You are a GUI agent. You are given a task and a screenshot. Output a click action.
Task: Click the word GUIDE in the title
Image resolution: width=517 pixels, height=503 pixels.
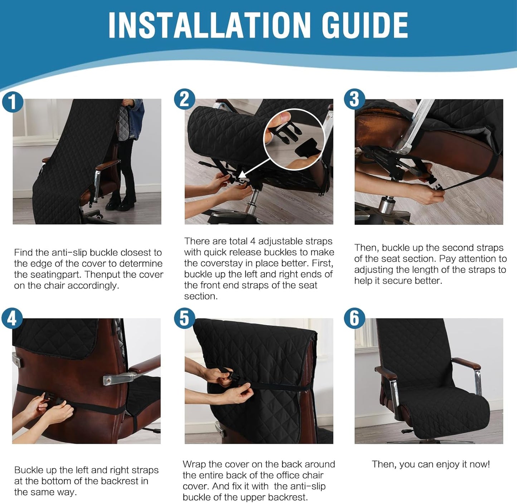point(365,25)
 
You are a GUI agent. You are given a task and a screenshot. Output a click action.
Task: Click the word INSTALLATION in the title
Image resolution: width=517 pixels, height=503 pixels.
point(209,25)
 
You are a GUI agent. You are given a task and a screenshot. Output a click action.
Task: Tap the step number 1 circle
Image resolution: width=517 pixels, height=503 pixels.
point(13,102)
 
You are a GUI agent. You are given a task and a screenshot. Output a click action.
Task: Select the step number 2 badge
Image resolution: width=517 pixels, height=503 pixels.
point(184,99)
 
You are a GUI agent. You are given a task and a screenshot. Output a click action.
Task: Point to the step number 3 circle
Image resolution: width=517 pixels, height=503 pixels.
point(355,99)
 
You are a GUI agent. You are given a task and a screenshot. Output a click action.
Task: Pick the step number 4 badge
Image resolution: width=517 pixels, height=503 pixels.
point(12,318)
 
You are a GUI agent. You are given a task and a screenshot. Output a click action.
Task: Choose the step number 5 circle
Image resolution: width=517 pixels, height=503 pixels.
point(184,318)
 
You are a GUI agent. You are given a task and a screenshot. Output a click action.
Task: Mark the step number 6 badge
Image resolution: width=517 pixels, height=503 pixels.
point(355,318)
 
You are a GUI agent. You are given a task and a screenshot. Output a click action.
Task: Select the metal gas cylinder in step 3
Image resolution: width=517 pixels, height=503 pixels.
point(386,204)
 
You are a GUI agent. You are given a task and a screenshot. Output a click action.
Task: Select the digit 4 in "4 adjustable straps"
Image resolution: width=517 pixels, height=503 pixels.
point(253,241)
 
